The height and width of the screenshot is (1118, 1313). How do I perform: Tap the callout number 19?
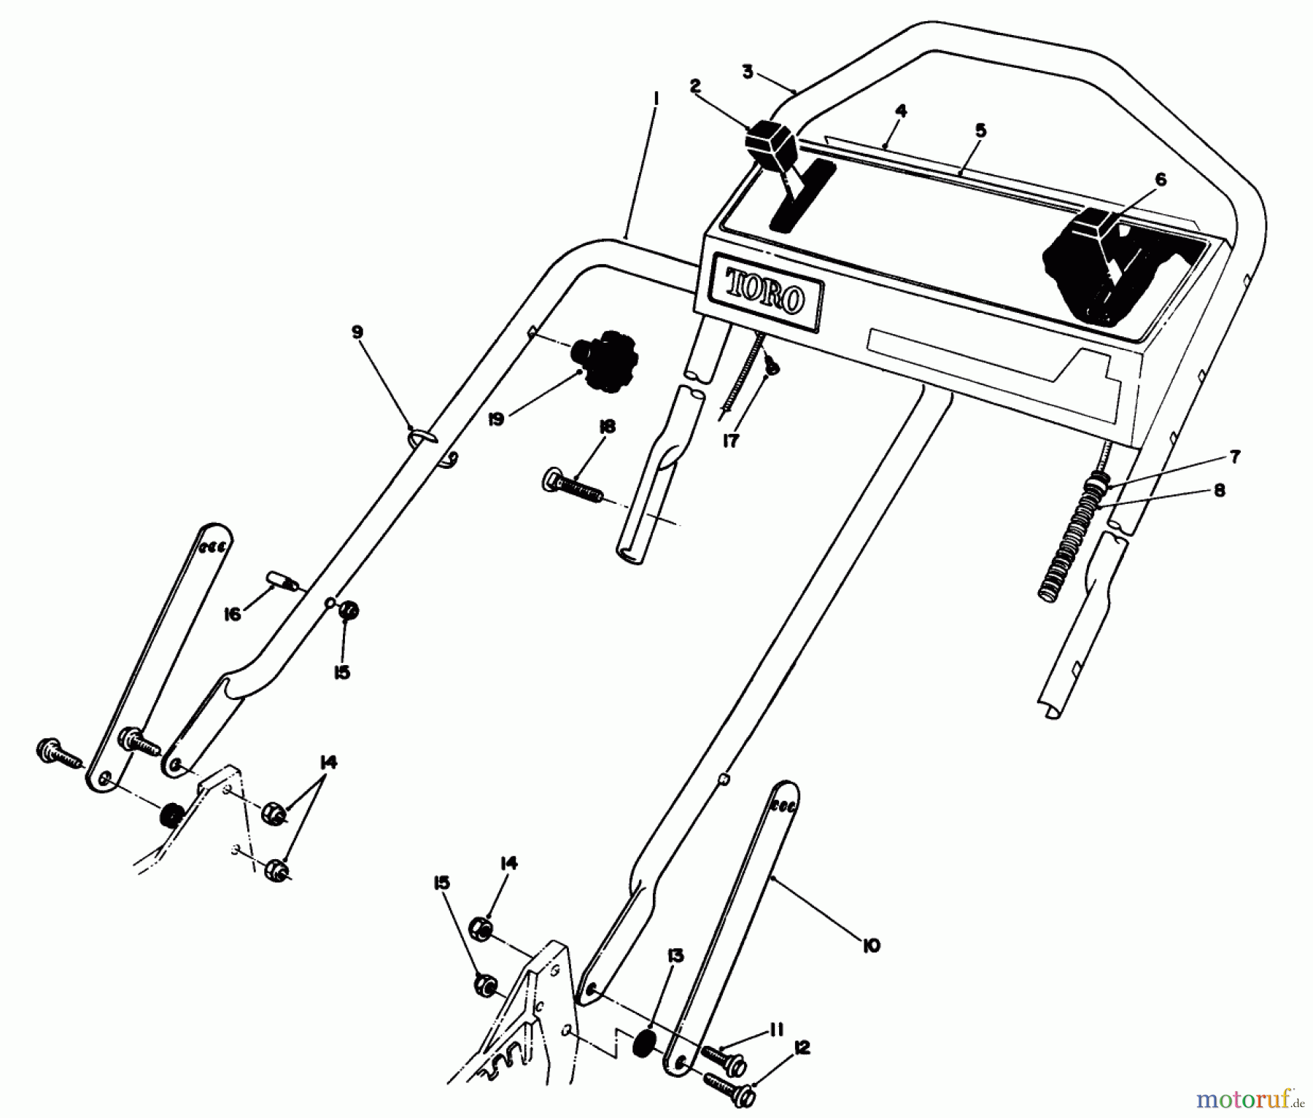496,420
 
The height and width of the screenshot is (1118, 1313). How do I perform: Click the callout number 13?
675,956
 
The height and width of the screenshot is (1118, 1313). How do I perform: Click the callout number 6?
1161,179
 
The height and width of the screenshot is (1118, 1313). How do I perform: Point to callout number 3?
747,71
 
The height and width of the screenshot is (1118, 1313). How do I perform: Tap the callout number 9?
357,332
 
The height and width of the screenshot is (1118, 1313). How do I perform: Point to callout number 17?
731,440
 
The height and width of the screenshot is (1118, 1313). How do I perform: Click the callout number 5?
980,131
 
